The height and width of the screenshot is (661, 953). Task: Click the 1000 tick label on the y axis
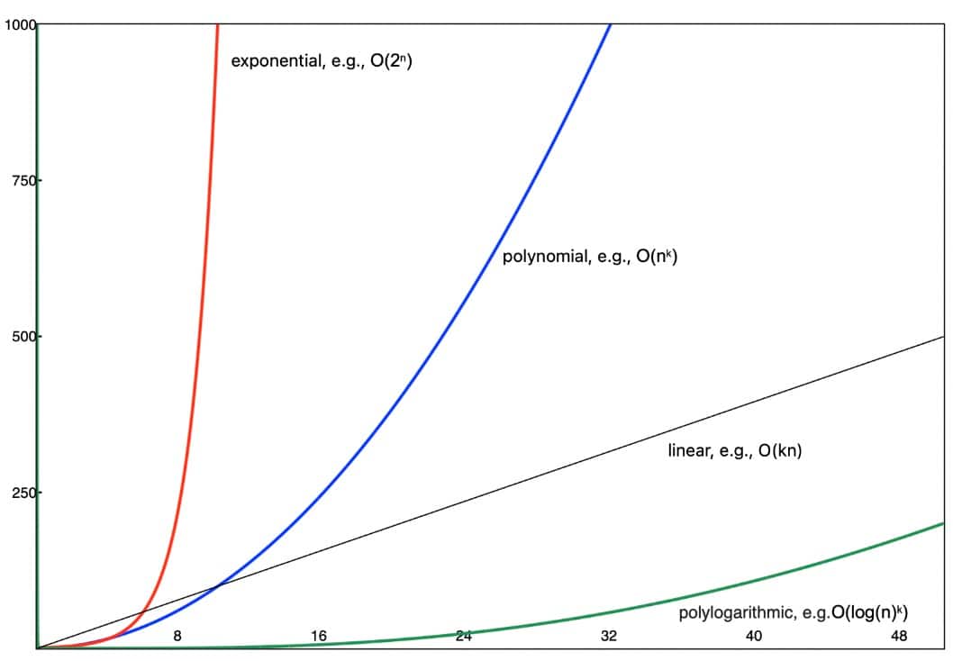click(x=18, y=25)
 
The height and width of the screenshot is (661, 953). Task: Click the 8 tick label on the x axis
click(x=177, y=637)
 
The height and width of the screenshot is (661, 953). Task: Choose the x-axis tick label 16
click(x=319, y=637)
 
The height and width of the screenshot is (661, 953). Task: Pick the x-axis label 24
click(x=464, y=637)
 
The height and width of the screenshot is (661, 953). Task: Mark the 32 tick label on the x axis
click(x=609, y=637)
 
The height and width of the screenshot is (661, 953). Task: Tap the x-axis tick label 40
click(x=754, y=637)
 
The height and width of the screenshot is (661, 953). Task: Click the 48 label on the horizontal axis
click(x=899, y=637)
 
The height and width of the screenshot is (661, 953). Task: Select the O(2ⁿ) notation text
click(x=391, y=62)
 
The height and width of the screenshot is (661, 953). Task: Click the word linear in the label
click(x=688, y=450)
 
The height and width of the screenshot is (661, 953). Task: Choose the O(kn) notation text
click(x=779, y=450)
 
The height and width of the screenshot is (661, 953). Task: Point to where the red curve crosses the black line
click(x=141, y=612)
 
